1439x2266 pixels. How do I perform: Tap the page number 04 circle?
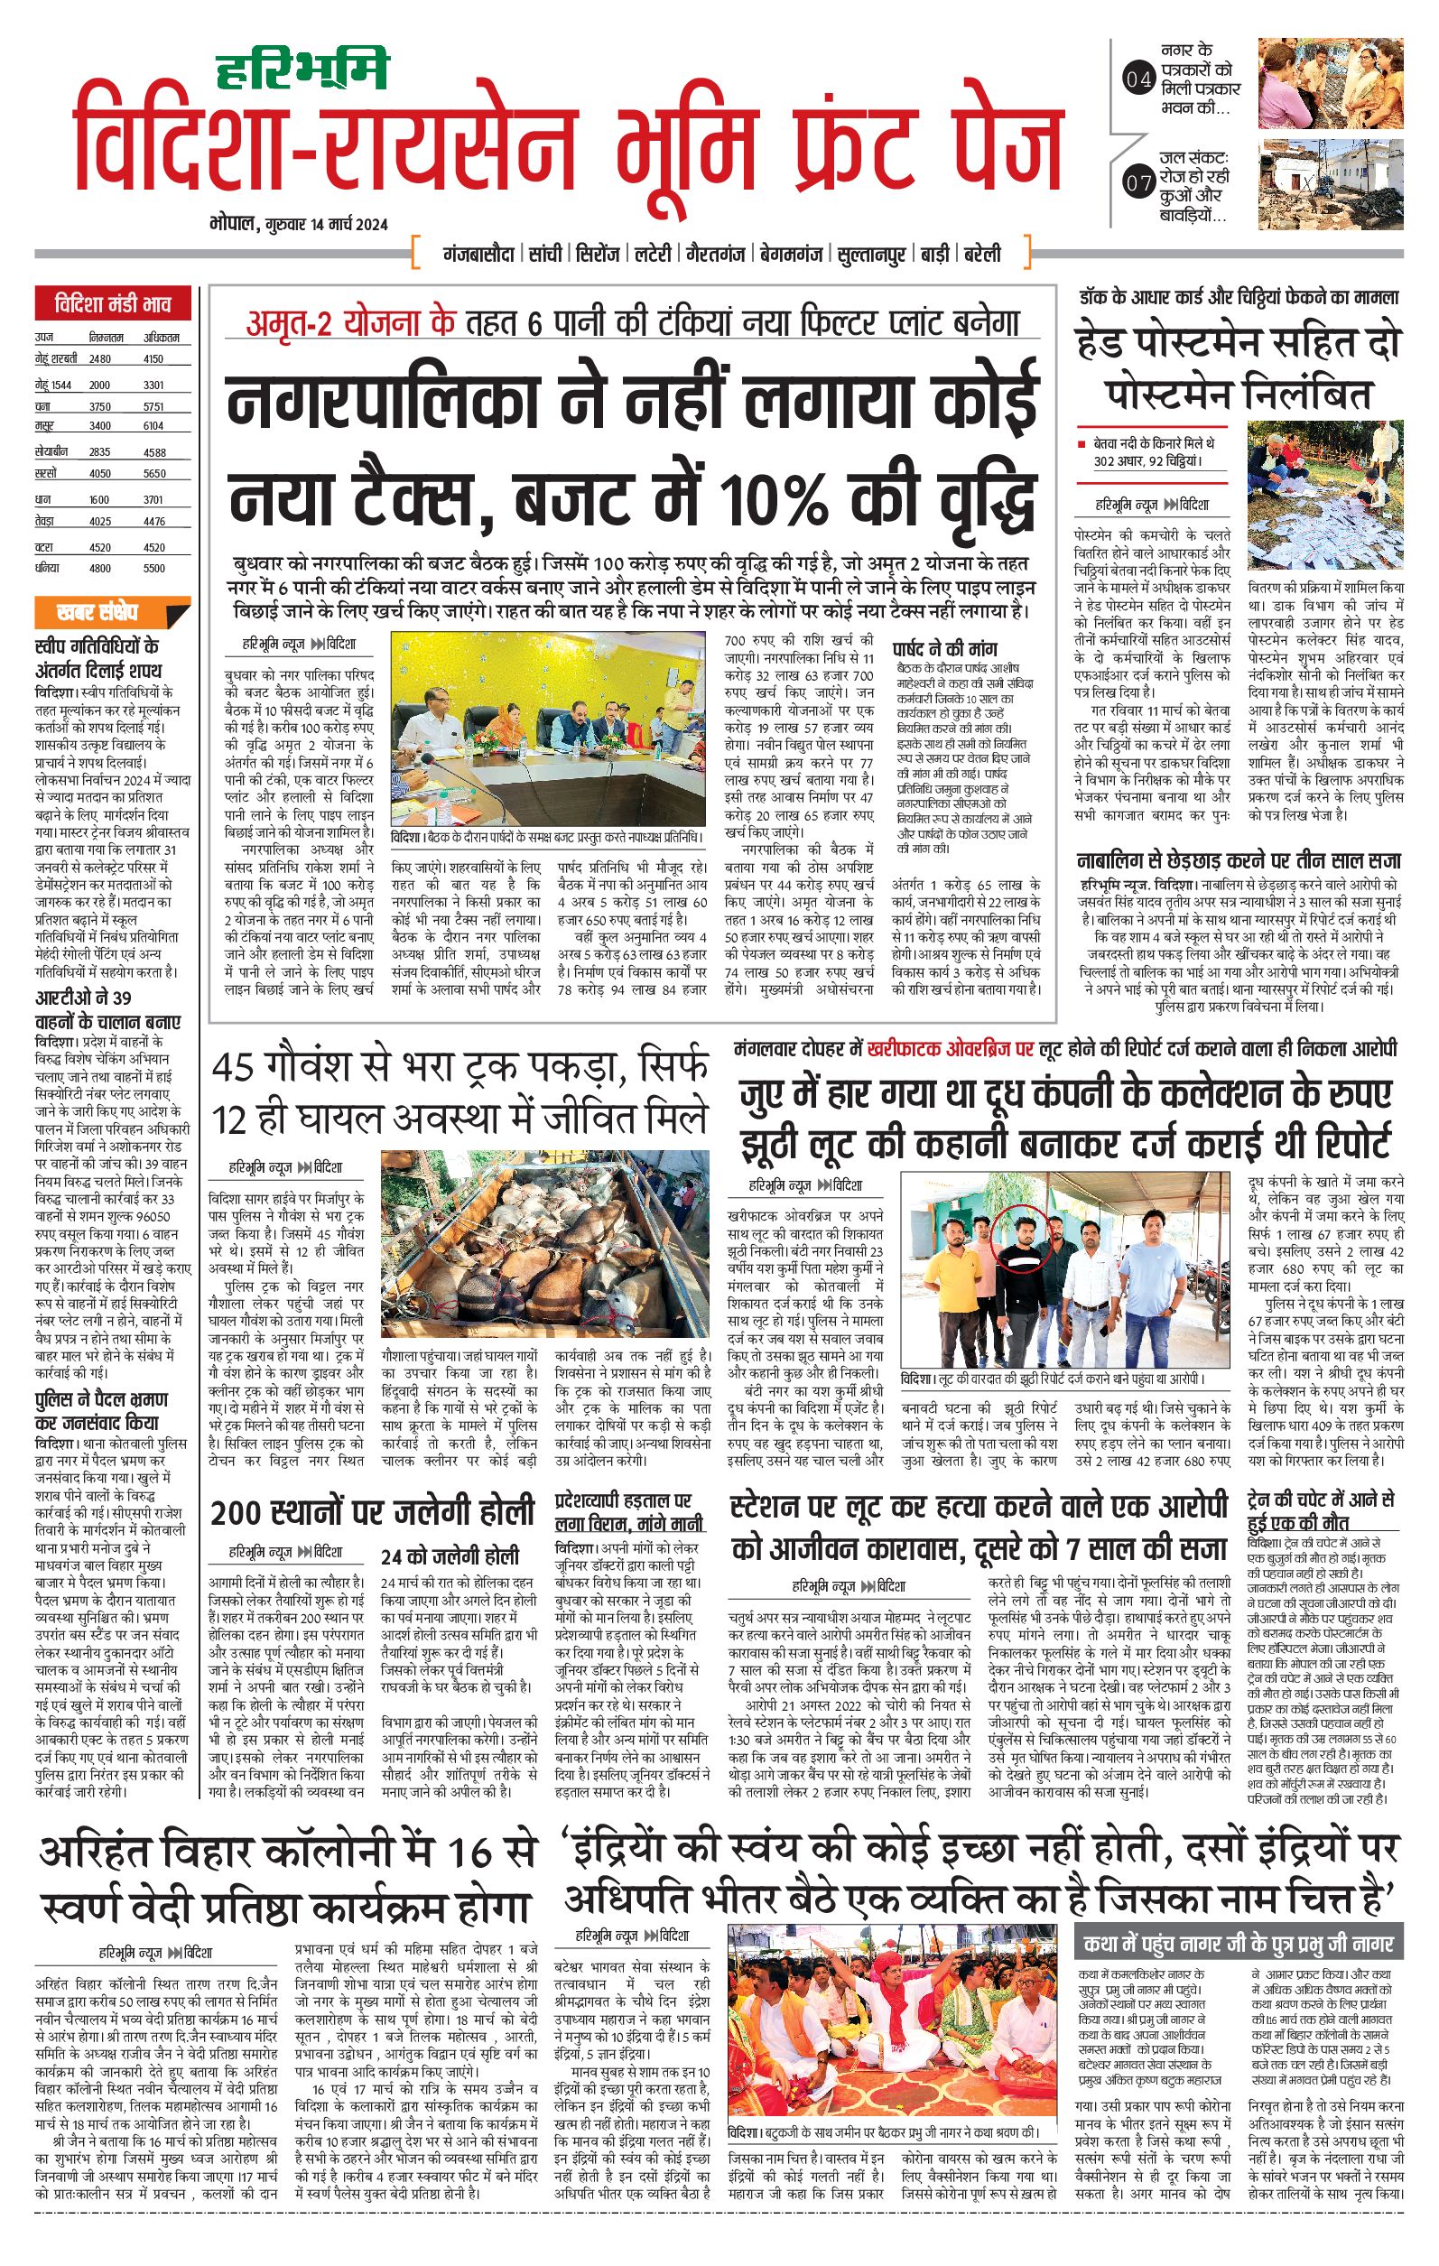pyautogui.click(x=1138, y=80)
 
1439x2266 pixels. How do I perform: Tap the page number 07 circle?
pyautogui.click(x=1138, y=183)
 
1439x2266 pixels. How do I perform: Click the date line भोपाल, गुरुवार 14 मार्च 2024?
pyautogui.click(x=300, y=224)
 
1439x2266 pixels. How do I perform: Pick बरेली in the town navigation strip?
pyautogui.click(x=982, y=254)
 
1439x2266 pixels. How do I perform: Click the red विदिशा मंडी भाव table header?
pyautogui.click(x=113, y=306)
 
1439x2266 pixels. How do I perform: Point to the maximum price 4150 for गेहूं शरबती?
pyautogui.click(x=153, y=358)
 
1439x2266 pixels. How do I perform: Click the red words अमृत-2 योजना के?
pyautogui.click(x=350, y=323)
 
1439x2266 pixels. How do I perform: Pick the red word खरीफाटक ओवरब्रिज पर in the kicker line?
pyautogui.click(x=951, y=1047)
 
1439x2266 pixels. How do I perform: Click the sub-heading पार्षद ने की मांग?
pyautogui.click(x=945, y=648)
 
